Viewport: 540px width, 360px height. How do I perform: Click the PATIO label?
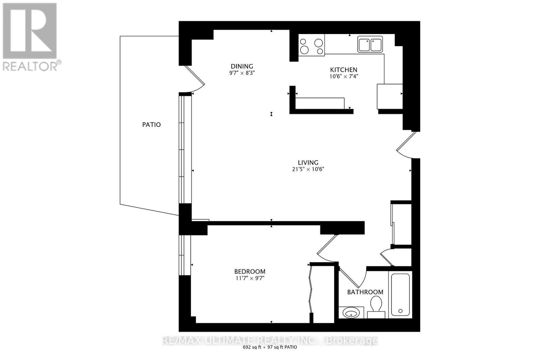click(x=151, y=124)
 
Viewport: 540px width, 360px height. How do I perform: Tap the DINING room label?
click(x=242, y=66)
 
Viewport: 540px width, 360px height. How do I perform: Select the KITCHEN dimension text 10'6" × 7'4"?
click(x=344, y=76)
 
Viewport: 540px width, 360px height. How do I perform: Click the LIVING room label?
click(x=308, y=162)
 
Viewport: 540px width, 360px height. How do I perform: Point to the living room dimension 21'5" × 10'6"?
click(x=308, y=169)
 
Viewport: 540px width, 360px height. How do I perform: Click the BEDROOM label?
click(x=250, y=271)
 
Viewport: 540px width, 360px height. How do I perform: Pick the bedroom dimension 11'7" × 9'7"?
click(x=250, y=278)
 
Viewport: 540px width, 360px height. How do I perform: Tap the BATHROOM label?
click(x=365, y=292)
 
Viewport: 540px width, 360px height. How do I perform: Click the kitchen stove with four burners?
click(x=311, y=45)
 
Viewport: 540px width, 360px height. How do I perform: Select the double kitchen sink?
click(x=370, y=45)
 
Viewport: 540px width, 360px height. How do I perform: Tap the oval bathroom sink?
click(x=351, y=313)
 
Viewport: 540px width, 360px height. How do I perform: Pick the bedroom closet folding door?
click(x=311, y=290)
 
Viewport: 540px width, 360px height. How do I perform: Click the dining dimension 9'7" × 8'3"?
click(x=242, y=73)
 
